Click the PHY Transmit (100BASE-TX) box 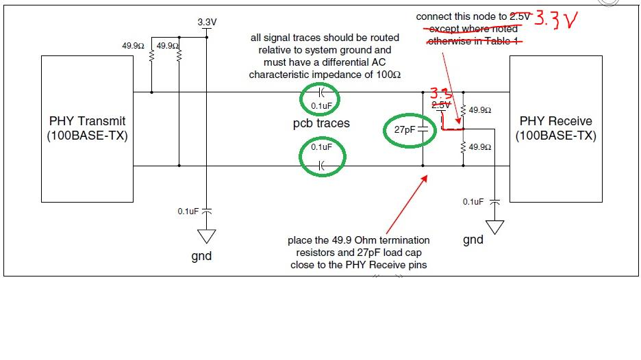click(86, 129)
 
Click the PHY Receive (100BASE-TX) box click(555, 129)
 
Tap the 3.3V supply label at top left click(207, 22)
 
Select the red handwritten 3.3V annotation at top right click(555, 21)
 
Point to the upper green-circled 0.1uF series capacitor click(320, 99)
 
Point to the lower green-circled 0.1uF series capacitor click(320, 156)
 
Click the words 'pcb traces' click(320, 123)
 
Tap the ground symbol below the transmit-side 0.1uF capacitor click(205, 236)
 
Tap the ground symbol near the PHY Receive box click(495, 227)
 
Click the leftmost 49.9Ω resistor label click(133, 46)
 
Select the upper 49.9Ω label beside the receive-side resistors click(480, 110)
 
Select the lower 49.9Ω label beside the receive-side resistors click(480, 147)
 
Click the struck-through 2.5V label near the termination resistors click(441, 105)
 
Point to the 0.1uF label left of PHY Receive click(473, 202)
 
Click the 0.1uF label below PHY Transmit click(188, 211)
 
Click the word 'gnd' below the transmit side click(201, 256)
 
